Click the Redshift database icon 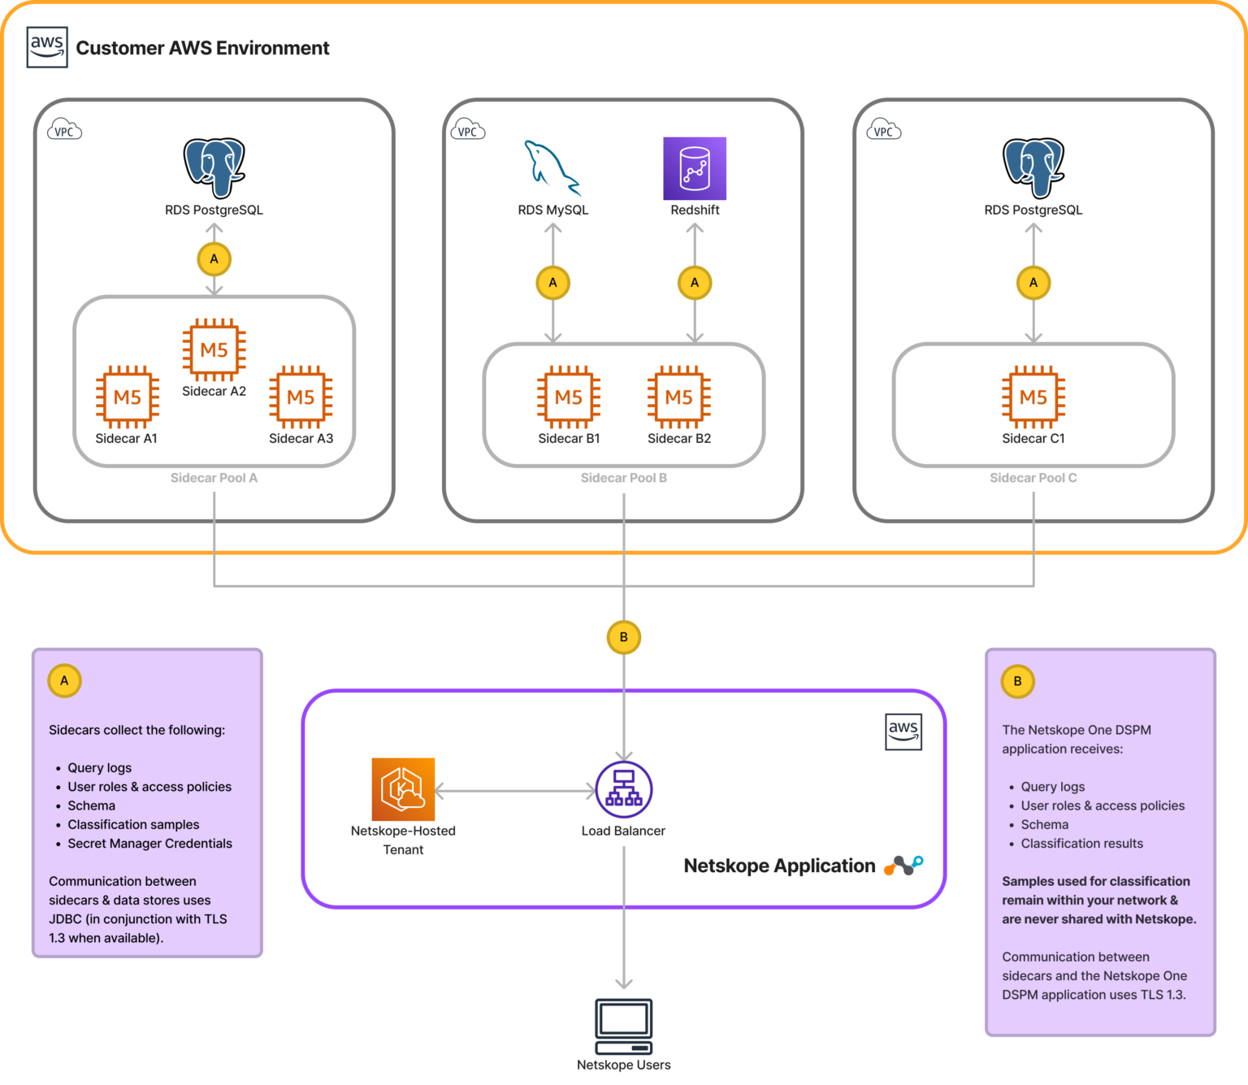695,168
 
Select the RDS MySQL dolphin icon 552,168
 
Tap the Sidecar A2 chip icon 214,349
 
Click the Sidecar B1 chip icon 569,397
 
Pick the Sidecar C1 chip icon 1033,397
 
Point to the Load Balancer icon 623,789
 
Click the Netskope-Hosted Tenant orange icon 403,789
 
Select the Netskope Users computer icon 623,1026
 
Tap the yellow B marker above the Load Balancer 623,637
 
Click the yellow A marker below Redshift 695,283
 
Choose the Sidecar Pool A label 214,478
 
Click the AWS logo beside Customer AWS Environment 47,47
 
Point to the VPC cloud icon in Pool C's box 884,131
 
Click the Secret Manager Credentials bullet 149,844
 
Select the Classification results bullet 1081,844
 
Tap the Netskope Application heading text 779,866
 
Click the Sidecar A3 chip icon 301,397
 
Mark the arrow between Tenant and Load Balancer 515,790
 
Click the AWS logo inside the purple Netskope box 903,731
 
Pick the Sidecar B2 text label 679,438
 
